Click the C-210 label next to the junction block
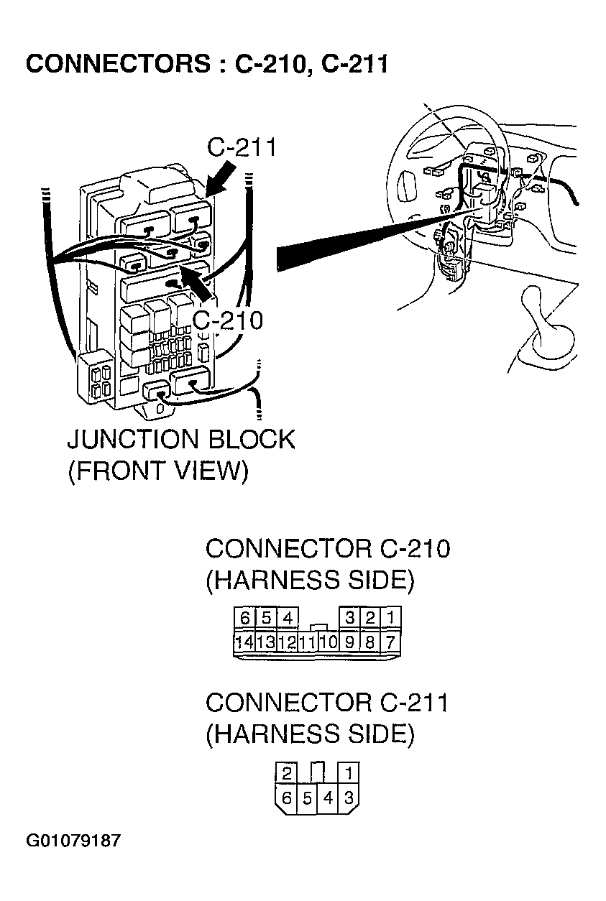[229, 320]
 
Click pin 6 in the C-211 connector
[287, 798]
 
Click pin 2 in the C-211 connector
[286, 774]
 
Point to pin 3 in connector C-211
[349, 798]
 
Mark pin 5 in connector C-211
[308, 798]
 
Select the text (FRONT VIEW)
[157, 471]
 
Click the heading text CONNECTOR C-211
[327, 702]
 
